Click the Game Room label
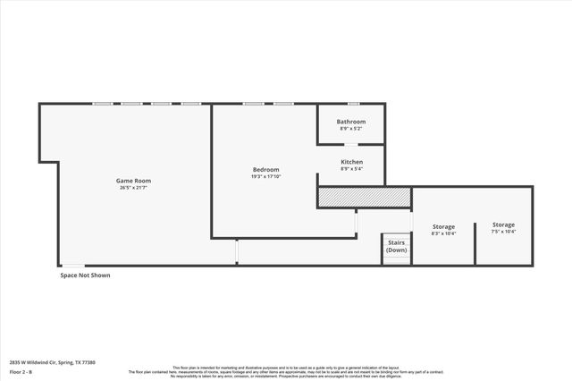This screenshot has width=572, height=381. [x=132, y=181]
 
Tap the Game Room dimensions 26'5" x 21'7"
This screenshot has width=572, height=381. [x=132, y=188]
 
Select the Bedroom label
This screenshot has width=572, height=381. [x=265, y=169]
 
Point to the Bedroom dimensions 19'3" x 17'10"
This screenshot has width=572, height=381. [x=265, y=176]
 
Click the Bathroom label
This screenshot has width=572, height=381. [x=351, y=122]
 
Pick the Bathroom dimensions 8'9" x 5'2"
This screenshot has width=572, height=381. [x=351, y=129]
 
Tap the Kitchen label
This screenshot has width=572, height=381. [x=351, y=162]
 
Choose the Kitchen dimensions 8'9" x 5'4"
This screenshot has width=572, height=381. [x=351, y=169]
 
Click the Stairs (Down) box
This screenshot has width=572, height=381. [x=396, y=247]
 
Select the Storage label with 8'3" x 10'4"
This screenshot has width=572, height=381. [x=443, y=226]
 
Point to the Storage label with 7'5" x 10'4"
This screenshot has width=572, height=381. [x=503, y=224]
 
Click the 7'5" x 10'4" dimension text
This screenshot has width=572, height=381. [x=503, y=232]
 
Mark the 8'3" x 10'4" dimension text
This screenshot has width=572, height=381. [x=443, y=233]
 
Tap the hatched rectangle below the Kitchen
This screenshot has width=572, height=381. [x=364, y=197]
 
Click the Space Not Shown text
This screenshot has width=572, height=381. [x=85, y=275]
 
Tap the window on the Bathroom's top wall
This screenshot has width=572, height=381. [x=353, y=104]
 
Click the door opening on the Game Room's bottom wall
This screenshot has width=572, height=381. [x=72, y=265]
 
